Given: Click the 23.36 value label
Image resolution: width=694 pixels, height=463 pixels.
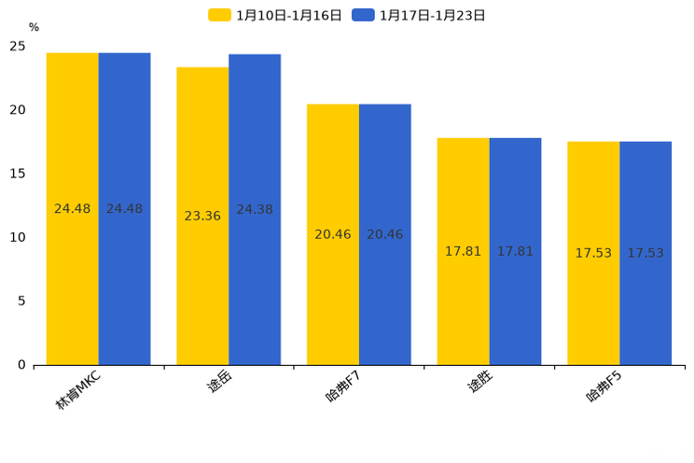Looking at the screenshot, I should coord(202,216).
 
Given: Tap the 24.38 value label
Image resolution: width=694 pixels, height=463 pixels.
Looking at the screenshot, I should coord(255,209).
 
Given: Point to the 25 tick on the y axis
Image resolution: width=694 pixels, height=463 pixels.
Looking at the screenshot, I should coord(18,46).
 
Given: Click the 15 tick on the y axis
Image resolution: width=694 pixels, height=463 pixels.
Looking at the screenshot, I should coord(18,174).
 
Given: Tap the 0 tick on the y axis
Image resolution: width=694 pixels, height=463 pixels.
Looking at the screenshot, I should coord(21,365).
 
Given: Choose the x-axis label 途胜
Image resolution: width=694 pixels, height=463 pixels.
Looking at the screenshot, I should coord(479,382).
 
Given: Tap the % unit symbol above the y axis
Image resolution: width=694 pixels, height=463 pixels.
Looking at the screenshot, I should coord(34,27).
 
